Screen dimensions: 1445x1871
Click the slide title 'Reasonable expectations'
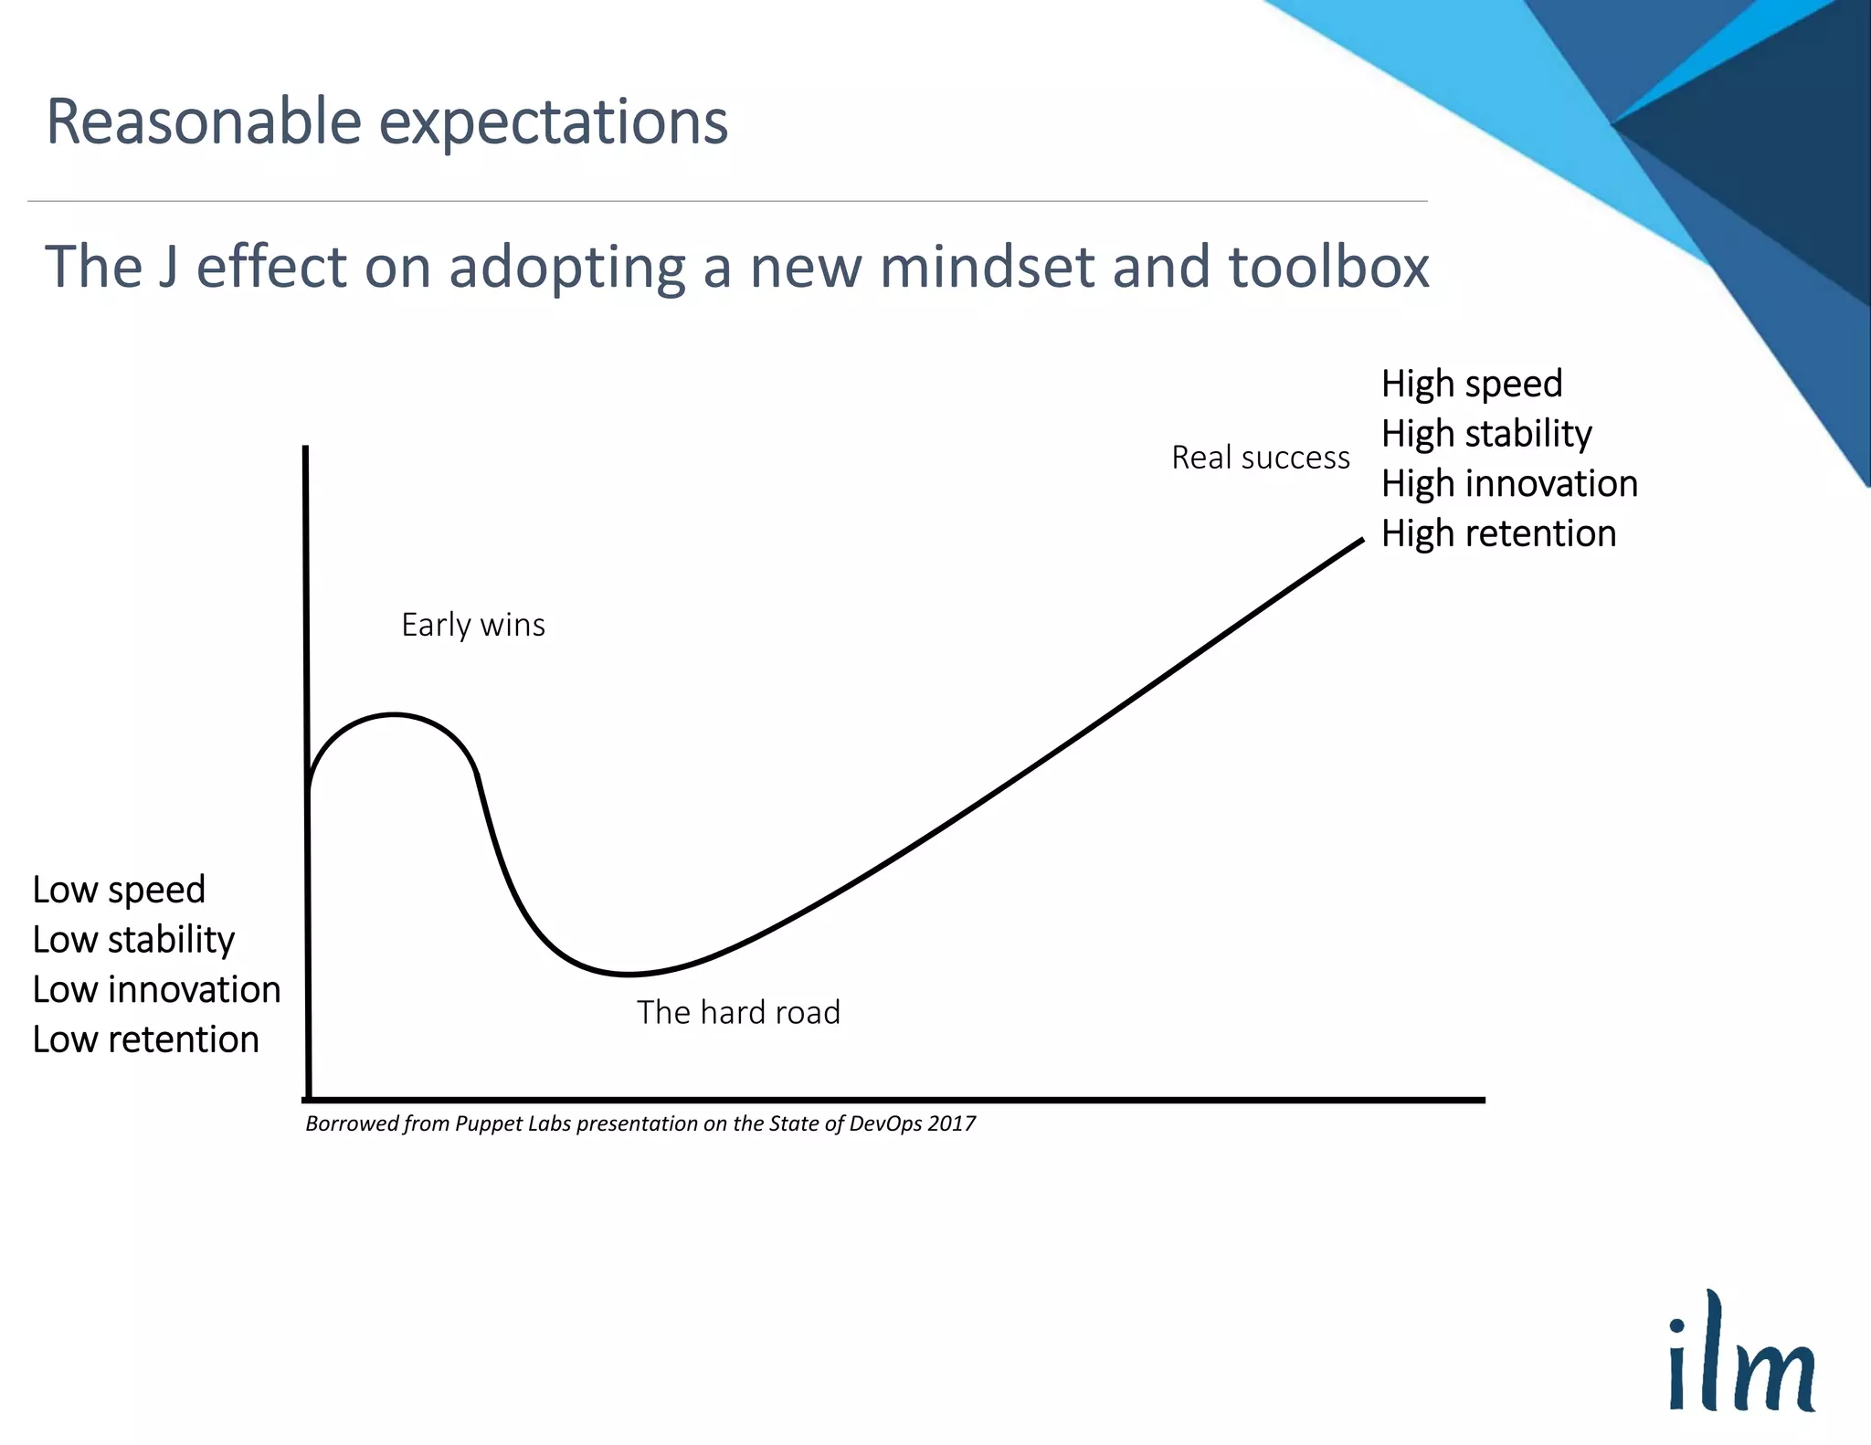(386, 121)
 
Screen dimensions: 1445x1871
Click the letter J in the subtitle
(167, 268)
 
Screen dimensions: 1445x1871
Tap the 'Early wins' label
(473, 625)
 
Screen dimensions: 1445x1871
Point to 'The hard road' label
(738, 1012)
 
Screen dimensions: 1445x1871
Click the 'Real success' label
(1260, 458)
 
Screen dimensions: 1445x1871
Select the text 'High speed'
(1471, 384)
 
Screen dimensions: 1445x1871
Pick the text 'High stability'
(1485, 434)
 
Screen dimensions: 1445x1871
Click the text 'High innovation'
(1508, 483)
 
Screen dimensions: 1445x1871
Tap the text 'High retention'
(1498, 533)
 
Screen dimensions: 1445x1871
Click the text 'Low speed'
(119, 890)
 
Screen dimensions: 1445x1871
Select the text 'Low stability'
(133, 940)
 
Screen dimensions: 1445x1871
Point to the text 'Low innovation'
(156, 990)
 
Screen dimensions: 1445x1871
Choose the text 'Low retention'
(145, 1039)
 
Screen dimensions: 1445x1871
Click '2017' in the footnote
(951, 1123)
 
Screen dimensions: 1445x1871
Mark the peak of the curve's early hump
(394, 715)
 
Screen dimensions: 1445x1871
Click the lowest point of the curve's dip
(629, 974)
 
